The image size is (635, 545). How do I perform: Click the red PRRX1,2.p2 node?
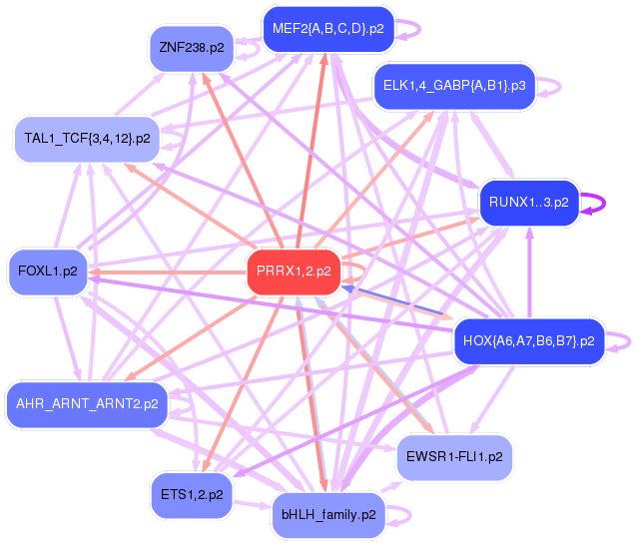(294, 272)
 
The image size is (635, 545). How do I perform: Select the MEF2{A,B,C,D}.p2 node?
(327, 28)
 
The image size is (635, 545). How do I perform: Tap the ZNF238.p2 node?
(191, 48)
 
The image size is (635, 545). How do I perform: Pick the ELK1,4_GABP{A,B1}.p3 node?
(454, 86)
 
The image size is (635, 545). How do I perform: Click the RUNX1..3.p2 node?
(528, 203)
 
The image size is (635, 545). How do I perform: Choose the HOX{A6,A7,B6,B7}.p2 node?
(528, 341)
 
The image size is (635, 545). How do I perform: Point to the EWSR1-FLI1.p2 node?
(454, 457)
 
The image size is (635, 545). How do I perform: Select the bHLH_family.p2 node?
(327, 515)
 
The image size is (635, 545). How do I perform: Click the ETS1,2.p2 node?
(191, 493)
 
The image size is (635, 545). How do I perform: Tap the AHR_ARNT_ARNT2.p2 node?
(86, 404)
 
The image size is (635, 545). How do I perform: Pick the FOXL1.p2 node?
(47, 272)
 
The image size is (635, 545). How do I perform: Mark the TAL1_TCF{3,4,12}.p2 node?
(87, 139)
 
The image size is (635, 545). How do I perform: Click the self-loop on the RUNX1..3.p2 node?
(595, 203)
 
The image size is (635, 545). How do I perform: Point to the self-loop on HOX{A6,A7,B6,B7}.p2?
(619, 341)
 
